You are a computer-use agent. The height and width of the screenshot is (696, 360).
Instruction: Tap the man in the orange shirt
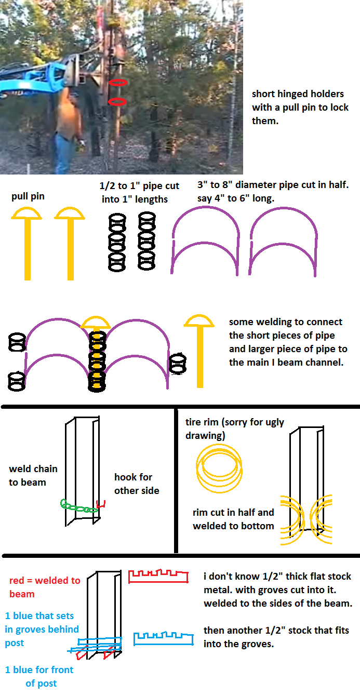point(69,130)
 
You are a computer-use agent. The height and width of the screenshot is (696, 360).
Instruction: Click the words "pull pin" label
point(28,196)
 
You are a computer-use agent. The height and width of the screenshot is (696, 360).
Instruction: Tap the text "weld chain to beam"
point(33,475)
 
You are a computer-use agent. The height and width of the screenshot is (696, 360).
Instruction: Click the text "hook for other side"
point(137,484)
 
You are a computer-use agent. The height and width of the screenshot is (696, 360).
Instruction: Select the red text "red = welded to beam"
point(45,587)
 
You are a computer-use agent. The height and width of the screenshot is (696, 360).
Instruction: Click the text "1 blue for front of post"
point(39,676)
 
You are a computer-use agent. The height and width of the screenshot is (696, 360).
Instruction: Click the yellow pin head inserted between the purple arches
point(96,323)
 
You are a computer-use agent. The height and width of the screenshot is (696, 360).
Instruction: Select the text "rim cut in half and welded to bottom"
point(233,519)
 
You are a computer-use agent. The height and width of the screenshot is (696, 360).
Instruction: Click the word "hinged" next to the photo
point(294,94)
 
